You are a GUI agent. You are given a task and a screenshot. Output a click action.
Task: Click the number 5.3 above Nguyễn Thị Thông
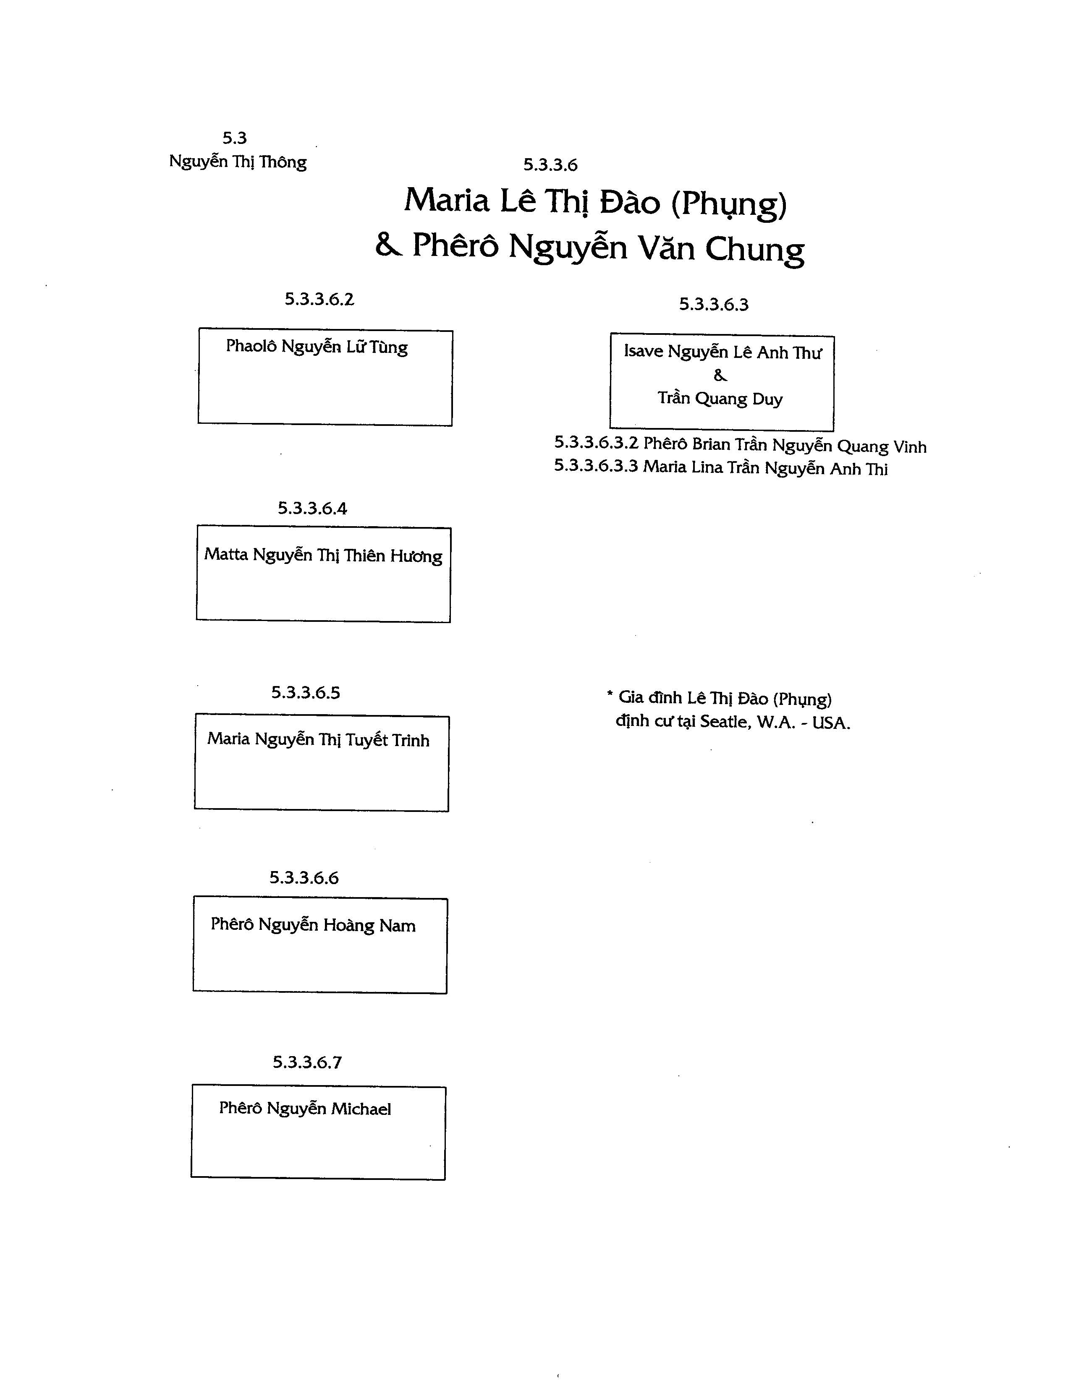[x=234, y=138]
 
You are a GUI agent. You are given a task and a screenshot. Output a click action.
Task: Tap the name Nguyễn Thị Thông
[x=238, y=162]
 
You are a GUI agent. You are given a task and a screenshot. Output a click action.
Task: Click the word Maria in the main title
[x=447, y=200]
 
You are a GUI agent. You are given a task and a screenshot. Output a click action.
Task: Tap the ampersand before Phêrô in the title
[x=388, y=245]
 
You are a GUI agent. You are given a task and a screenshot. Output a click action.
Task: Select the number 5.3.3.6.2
[x=319, y=300]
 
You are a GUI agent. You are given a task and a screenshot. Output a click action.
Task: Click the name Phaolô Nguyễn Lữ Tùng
[x=317, y=347]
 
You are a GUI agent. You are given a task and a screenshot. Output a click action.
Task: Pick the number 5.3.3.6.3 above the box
[x=714, y=305]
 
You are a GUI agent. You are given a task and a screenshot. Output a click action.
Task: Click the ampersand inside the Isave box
[x=720, y=376]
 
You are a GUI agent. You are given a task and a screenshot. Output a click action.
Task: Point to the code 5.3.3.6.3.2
[x=596, y=443]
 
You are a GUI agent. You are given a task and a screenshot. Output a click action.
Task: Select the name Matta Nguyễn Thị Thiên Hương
[x=323, y=556]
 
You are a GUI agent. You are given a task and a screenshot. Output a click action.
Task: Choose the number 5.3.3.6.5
[x=306, y=693]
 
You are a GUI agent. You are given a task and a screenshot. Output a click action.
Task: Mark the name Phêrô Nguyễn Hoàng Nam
[x=313, y=925]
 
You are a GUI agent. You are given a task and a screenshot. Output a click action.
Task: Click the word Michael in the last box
[x=361, y=1109]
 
